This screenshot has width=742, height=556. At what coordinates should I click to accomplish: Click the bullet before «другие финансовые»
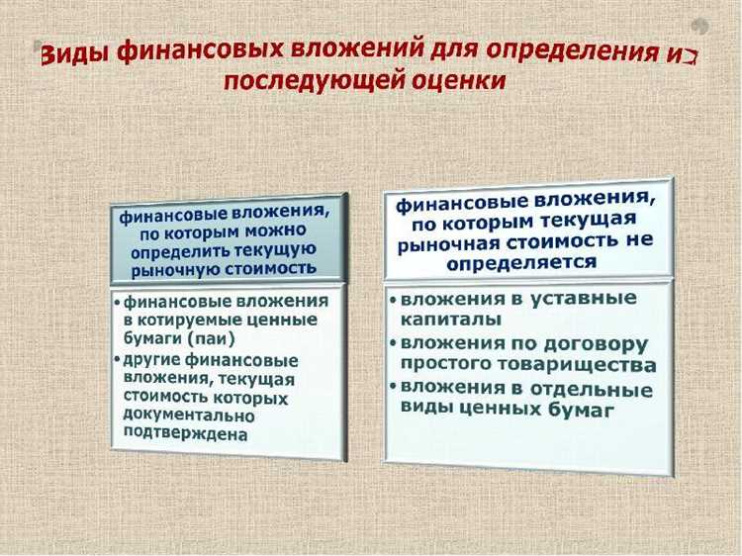pos(117,357)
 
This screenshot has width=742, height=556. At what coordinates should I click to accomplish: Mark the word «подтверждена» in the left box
pos(186,433)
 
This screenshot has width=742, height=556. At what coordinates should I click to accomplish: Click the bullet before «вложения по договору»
pos(393,342)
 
